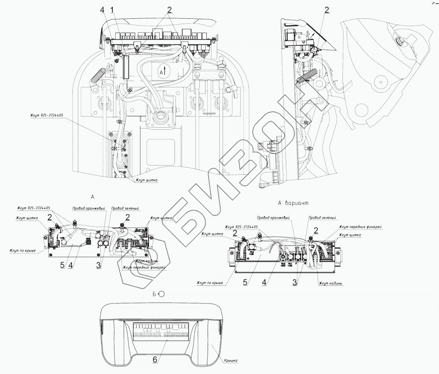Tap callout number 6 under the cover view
coord(154,360)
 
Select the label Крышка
coord(231,362)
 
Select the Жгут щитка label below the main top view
coord(146,181)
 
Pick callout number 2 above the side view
coord(327,10)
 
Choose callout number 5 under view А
coord(62,264)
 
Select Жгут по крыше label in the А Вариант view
coord(211,283)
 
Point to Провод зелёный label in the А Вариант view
coord(322,217)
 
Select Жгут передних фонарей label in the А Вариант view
coord(360,227)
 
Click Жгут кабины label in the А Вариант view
coord(330,283)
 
